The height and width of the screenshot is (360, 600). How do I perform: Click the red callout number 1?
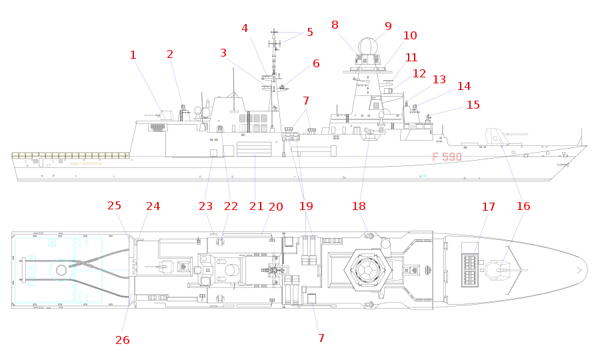(134, 53)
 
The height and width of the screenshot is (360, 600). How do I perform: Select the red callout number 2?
(171, 53)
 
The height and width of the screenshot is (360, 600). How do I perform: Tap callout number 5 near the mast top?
(309, 32)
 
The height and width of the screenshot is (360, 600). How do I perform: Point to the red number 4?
(245, 28)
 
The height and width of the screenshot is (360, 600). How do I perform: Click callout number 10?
(410, 35)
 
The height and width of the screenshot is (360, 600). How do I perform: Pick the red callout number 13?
(439, 80)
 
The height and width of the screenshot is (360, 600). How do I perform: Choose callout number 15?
(472, 105)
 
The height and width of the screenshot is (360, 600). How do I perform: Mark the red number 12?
(419, 74)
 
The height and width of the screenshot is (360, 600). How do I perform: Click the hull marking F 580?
(447, 157)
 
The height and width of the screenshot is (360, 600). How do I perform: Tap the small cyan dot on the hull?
(423, 175)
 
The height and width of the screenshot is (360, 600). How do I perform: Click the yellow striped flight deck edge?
(70, 155)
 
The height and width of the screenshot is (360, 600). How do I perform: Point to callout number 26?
(121, 341)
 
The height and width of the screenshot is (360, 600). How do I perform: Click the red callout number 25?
(115, 207)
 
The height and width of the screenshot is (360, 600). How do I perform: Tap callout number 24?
(153, 207)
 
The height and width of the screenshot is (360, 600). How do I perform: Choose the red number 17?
(488, 208)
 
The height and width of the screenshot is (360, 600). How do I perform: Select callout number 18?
(524, 207)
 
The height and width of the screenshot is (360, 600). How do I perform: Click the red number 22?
(231, 207)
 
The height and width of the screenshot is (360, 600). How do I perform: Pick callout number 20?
(275, 208)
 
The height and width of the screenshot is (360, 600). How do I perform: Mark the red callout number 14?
(463, 86)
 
